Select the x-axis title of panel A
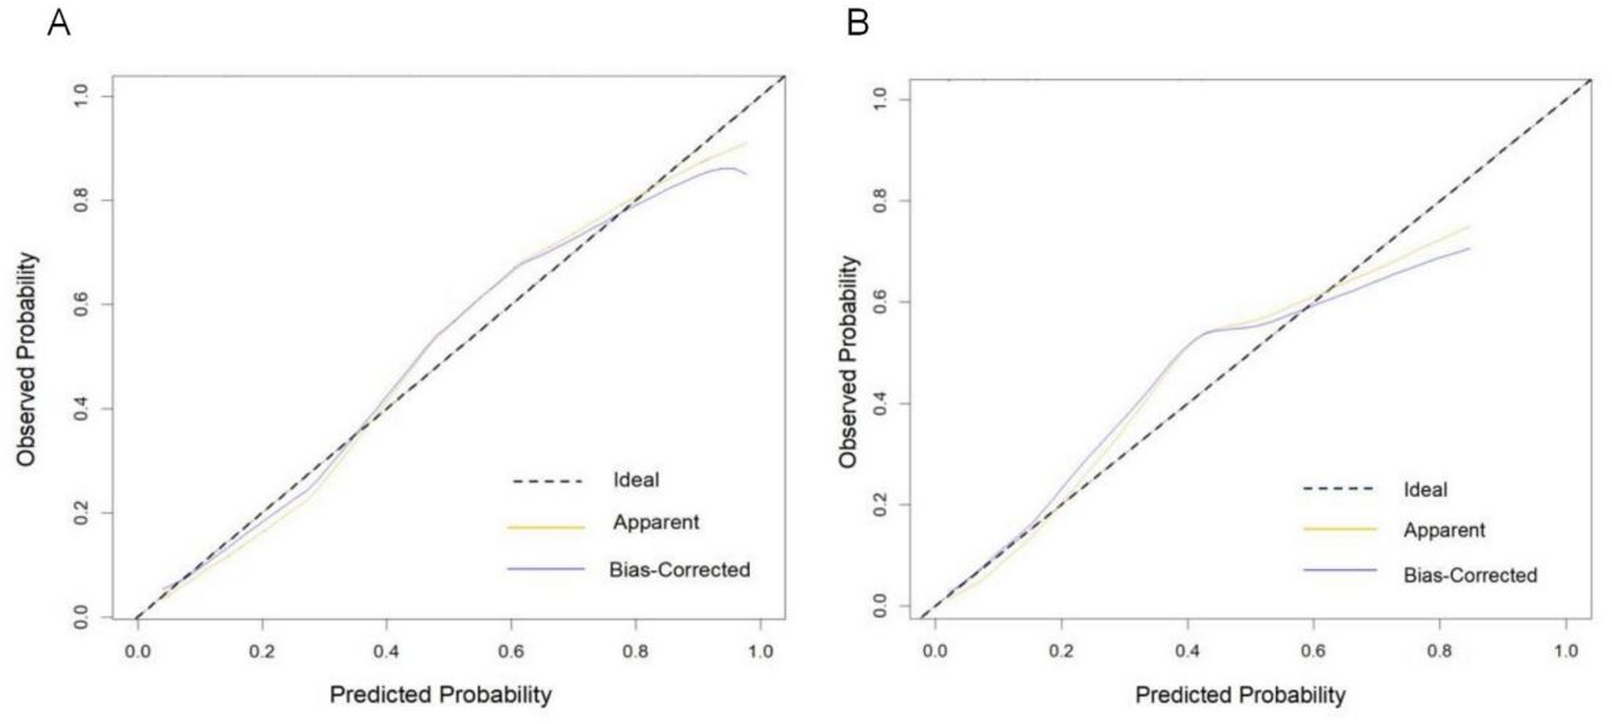441,694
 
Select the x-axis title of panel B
1240,694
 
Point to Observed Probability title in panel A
26,359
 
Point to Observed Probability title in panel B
848,361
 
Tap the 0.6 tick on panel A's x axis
511,652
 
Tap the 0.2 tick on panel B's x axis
1061,652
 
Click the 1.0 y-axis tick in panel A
81,94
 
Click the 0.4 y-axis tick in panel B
880,403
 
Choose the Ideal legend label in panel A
636,479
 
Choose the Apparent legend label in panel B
1444,530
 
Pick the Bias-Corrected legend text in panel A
679,569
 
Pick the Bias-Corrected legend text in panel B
1470,575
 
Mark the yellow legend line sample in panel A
546,528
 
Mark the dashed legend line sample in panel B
1339,489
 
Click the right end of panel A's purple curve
746,174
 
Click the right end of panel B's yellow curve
1470,226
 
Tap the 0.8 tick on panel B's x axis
1439,652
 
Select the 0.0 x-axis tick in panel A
138,652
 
